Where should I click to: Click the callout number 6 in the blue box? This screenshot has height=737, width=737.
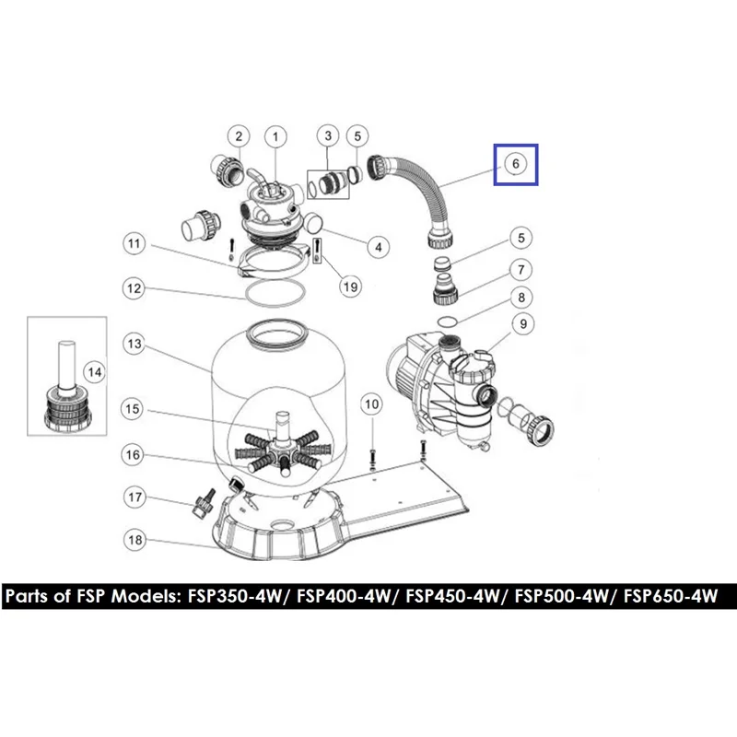[x=516, y=164]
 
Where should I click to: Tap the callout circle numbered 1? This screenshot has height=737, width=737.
[x=275, y=137]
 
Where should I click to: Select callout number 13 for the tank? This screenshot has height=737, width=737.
[x=135, y=344]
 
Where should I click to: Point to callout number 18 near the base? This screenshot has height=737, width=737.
[x=135, y=540]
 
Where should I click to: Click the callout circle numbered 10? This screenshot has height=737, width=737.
[x=372, y=404]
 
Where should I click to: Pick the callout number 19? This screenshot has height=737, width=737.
[x=351, y=287]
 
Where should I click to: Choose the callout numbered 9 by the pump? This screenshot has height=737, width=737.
[x=523, y=324]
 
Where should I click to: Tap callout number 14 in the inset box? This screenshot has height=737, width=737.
[x=95, y=372]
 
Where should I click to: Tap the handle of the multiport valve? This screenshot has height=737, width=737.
[x=258, y=178]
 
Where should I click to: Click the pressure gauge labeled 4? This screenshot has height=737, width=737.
[x=312, y=222]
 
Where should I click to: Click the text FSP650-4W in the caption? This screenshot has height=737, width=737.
[x=671, y=596]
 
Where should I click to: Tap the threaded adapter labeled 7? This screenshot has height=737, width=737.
[x=444, y=288]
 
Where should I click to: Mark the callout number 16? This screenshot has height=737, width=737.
[x=133, y=454]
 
